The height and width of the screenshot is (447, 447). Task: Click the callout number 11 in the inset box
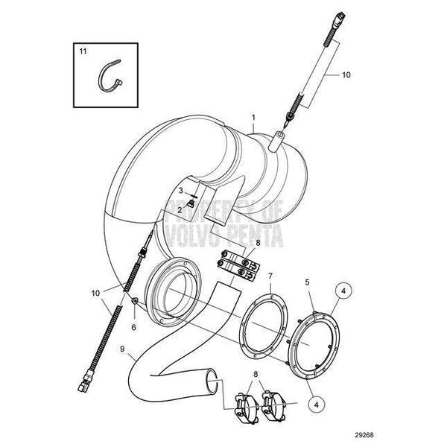point(83,51)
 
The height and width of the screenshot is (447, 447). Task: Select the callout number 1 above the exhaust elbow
point(253,118)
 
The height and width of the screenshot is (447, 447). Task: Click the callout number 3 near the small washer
point(181,191)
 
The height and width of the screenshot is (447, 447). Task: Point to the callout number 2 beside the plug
point(180,210)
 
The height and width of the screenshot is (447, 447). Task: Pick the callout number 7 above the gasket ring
point(270,276)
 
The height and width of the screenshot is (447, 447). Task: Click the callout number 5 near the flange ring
point(307,282)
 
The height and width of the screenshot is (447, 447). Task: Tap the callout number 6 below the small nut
point(133,327)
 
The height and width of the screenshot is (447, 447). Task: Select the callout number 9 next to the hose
point(122,349)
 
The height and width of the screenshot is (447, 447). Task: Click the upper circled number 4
point(343,291)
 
